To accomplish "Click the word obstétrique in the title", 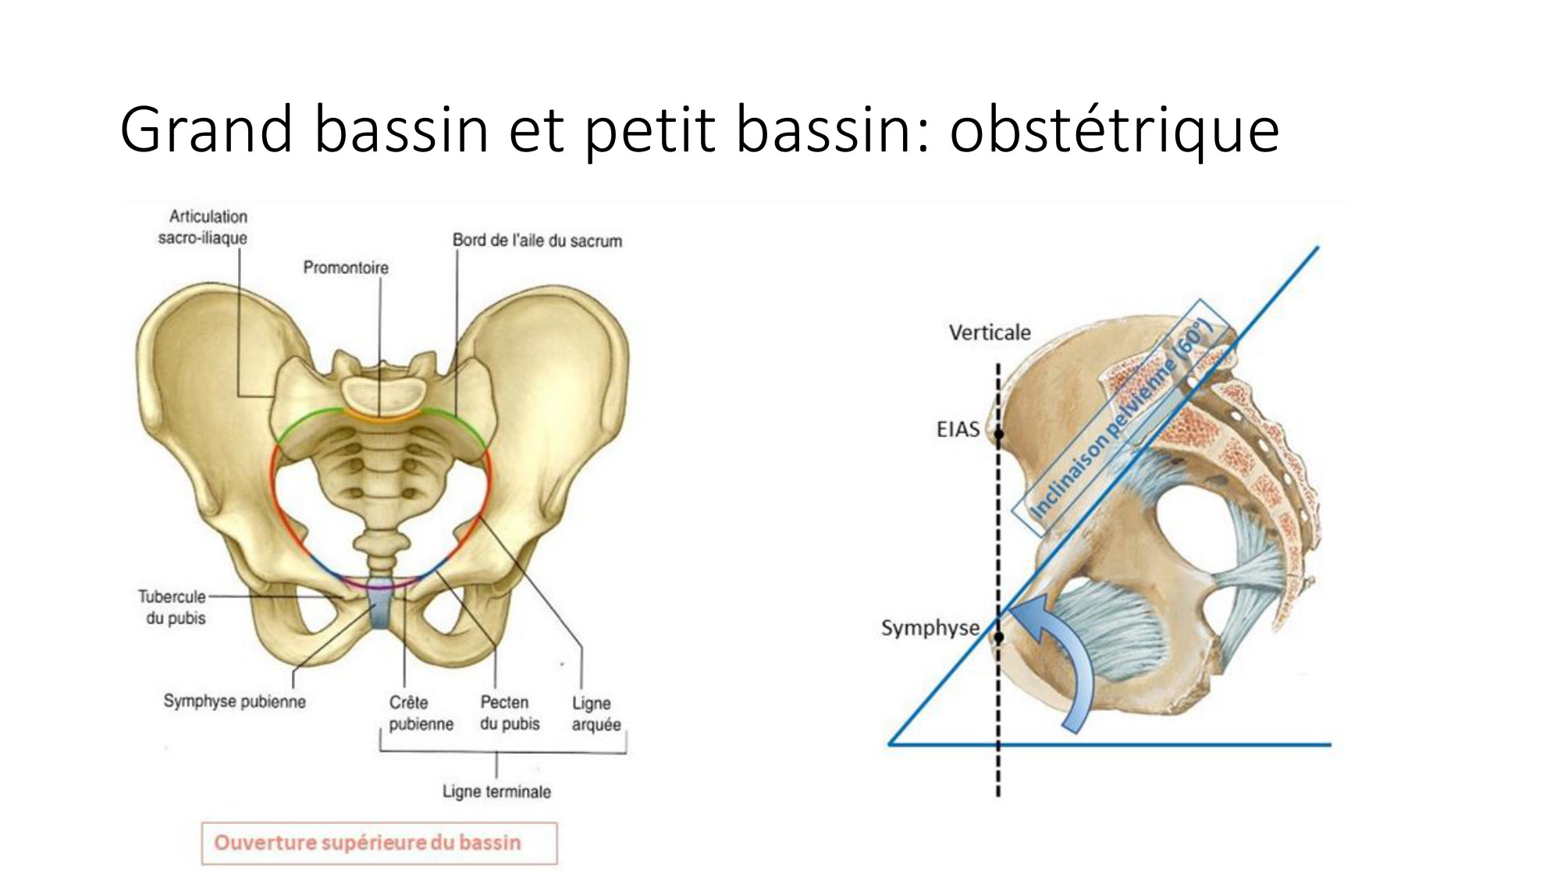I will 1114,130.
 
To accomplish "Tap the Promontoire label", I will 346,268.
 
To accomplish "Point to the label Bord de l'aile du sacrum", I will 537,240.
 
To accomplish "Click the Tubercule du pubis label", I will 173,607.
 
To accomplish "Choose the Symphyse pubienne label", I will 234,701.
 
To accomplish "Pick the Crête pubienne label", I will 421,713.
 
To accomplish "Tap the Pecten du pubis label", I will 510,713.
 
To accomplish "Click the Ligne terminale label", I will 496,791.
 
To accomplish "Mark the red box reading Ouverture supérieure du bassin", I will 379,843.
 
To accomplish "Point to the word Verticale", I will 990,332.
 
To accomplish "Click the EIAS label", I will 958,429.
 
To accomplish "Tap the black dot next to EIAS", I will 999,434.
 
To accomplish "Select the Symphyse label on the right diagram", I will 930,628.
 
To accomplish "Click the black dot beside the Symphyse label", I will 999,638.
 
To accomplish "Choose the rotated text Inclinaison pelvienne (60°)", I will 1122,418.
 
